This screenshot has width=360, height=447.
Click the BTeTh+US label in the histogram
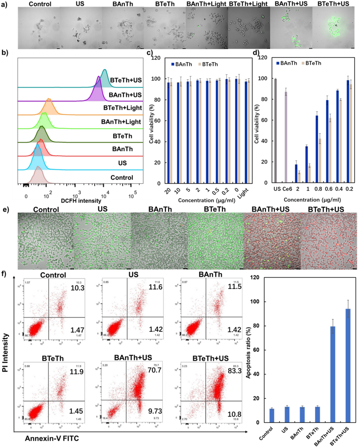[x=126, y=80]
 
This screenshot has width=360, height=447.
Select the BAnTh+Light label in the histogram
[x=121, y=122]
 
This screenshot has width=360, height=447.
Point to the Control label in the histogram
[x=122, y=177]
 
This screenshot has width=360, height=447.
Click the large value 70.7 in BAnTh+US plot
[x=154, y=370]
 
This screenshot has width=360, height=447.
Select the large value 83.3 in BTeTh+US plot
[x=235, y=371]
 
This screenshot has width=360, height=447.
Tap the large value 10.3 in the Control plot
[x=77, y=288]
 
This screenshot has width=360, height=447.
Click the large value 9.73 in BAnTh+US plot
[x=155, y=411]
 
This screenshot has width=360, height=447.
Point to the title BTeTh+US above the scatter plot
[x=210, y=358]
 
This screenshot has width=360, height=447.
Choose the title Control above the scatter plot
[x=53, y=275]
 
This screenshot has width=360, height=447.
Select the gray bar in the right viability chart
[x=276, y=131]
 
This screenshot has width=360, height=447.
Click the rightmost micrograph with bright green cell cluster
[x=334, y=28]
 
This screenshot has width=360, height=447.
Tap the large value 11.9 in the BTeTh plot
[x=77, y=372]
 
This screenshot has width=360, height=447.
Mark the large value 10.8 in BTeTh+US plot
[x=234, y=414]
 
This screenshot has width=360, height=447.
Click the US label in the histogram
[x=122, y=163]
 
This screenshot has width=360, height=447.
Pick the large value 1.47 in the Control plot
[x=77, y=330]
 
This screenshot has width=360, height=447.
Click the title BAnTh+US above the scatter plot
[x=133, y=358]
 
